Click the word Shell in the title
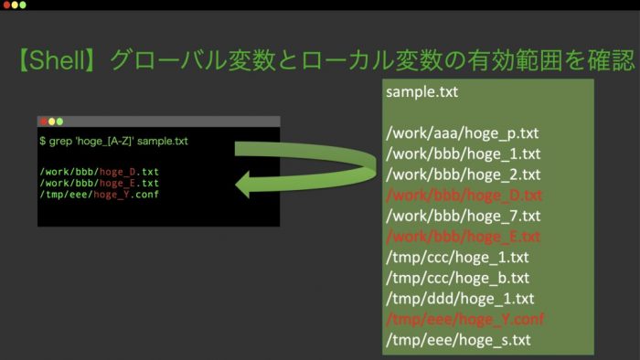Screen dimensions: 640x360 tap(57, 60)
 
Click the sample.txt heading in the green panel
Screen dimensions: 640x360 tap(422, 91)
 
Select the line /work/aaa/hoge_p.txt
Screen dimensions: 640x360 tap(463, 133)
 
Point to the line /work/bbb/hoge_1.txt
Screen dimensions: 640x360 tap(464, 154)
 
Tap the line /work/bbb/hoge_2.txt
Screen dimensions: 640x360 tap(464, 175)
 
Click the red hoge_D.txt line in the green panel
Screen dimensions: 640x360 tap(464, 196)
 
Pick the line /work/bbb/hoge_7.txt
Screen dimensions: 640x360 tap(464, 216)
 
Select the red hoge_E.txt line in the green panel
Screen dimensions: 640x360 tap(464, 237)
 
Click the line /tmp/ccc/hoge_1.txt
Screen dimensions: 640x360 tap(457, 258)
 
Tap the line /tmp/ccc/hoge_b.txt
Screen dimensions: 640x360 tap(457, 278)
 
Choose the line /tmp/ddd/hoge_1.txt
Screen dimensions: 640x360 tap(460, 299)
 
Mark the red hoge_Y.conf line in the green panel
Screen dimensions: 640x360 tap(465, 319)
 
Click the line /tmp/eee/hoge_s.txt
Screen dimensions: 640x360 tap(458, 340)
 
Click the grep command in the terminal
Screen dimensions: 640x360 tap(114, 141)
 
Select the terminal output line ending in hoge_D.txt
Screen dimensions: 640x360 tap(99, 172)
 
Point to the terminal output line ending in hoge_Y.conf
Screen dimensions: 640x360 tap(99, 195)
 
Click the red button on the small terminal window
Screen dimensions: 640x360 tap(44, 122)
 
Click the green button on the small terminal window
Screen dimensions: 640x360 tap(59, 122)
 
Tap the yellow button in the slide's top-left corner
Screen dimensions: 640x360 tap(15, 5)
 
